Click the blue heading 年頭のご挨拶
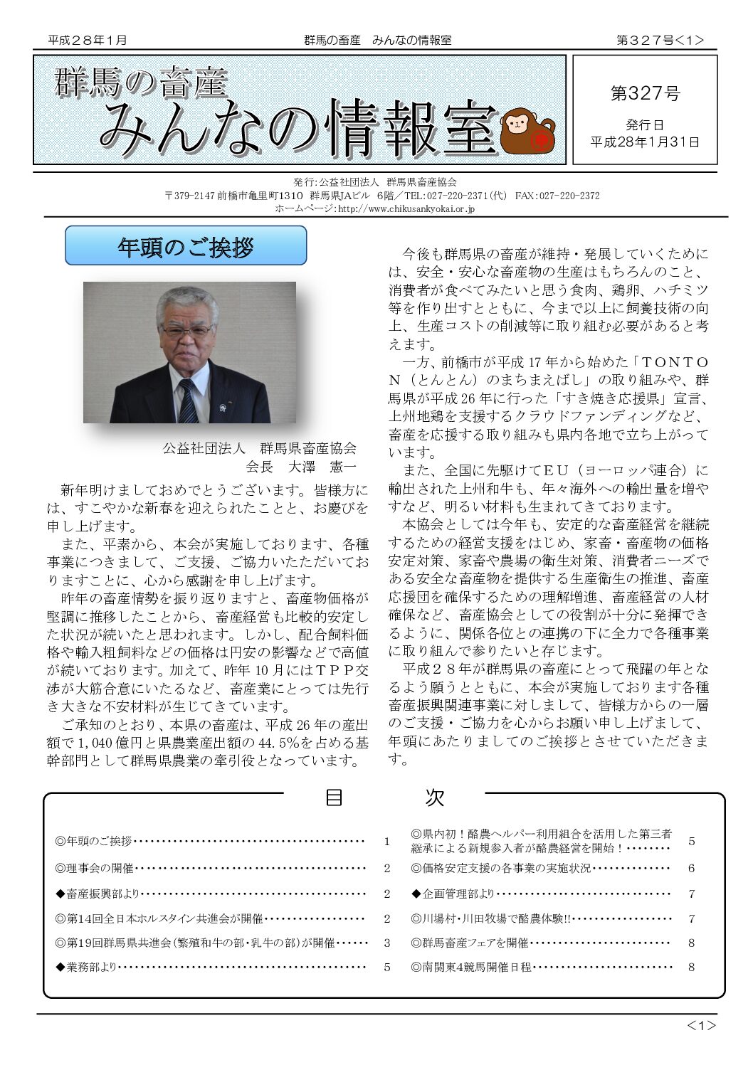(x=186, y=246)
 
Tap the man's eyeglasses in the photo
(x=187, y=331)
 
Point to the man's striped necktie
(x=188, y=400)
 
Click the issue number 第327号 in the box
(x=645, y=93)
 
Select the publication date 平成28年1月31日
(x=645, y=142)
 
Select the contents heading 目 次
(x=384, y=798)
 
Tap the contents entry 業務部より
(x=85, y=967)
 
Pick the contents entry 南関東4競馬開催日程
(x=471, y=967)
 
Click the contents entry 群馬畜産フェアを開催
(x=470, y=943)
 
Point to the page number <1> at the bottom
(x=701, y=1025)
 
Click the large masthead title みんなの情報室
(x=299, y=128)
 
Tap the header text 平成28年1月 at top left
(x=88, y=41)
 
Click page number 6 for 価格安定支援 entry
(x=691, y=868)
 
